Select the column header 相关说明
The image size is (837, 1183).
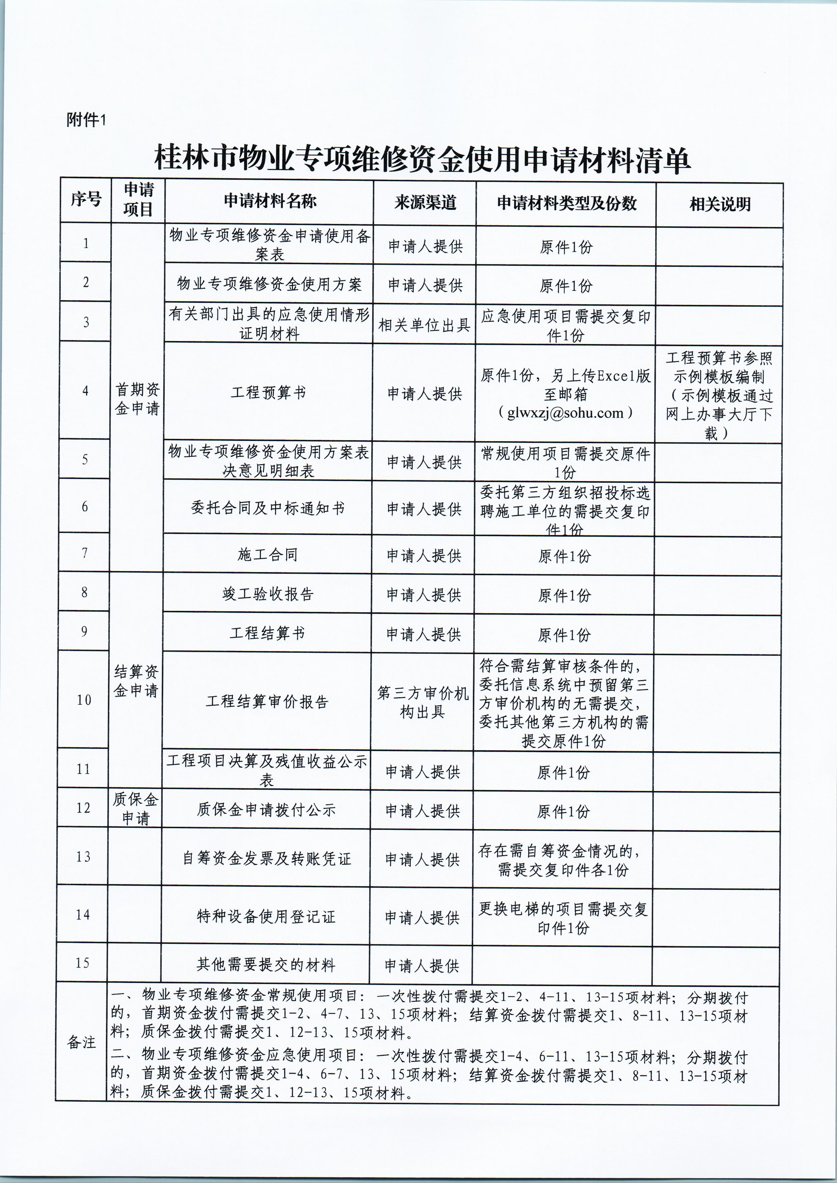pyautogui.click(x=720, y=204)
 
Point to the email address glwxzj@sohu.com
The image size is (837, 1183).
pyautogui.click(x=565, y=413)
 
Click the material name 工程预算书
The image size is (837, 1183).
pyautogui.click(x=268, y=393)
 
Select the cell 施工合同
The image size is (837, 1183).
pyautogui.click(x=268, y=555)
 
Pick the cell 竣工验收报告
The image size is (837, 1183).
pyautogui.click(x=268, y=594)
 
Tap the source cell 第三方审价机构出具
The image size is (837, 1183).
pyautogui.click(x=423, y=702)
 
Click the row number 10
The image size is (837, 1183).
pyautogui.click(x=84, y=700)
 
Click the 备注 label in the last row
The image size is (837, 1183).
pyautogui.click(x=81, y=1043)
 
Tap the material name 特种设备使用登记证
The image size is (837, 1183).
pyautogui.click(x=266, y=916)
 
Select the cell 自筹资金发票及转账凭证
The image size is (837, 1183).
pyautogui.click(x=267, y=858)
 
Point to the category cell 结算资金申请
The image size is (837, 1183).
pyautogui.click(x=136, y=681)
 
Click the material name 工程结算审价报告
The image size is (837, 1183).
pyautogui.click(x=267, y=702)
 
